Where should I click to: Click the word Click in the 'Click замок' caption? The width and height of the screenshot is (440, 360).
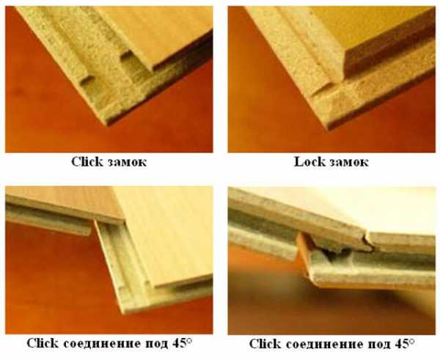tap(87, 162)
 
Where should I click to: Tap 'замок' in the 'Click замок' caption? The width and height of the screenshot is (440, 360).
tap(127, 163)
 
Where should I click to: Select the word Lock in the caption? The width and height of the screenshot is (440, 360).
tap(309, 162)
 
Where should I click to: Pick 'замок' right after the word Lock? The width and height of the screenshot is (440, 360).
tap(349, 163)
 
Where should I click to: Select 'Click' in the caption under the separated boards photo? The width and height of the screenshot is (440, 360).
tap(43, 343)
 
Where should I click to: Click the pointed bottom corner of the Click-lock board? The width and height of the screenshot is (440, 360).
tap(107, 123)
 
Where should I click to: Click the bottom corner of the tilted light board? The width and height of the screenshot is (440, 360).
tap(122, 311)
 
